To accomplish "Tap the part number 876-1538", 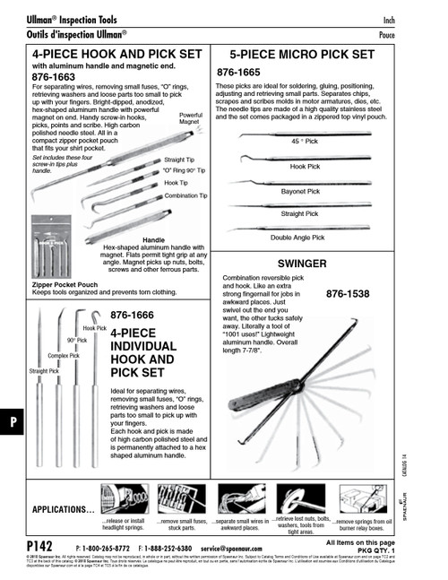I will point(348,293).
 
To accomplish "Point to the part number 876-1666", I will point(133,316).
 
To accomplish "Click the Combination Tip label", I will point(185,195).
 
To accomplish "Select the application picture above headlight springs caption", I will point(124,498).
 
